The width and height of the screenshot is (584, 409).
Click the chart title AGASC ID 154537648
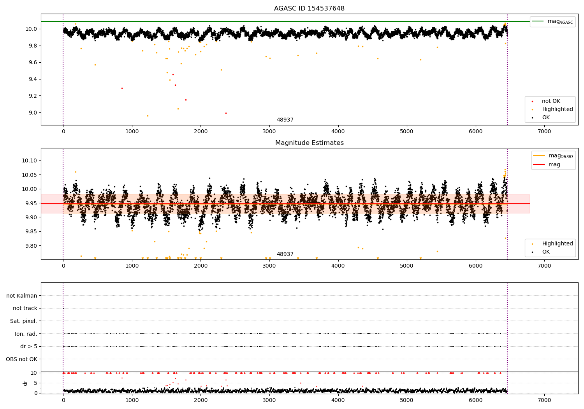(x=309, y=9)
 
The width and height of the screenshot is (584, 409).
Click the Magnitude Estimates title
(x=309, y=143)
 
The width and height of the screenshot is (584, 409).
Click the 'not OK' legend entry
(x=551, y=101)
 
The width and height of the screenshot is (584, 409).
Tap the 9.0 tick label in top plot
(x=31, y=113)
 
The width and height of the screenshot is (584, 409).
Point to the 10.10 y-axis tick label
(x=29, y=160)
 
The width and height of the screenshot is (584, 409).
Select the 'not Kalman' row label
(x=22, y=296)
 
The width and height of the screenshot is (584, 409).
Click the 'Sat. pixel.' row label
(x=23, y=321)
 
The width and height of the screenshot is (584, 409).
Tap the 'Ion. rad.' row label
(x=26, y=334)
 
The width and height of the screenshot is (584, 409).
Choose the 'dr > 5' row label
(x=28, y=346)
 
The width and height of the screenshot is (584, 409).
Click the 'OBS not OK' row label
(x=21, y=359)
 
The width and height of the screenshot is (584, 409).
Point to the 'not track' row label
(x=25, y=308)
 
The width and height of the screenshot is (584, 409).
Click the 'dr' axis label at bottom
(x=25, y=383)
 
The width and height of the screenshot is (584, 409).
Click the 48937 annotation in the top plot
(x=285, y=120)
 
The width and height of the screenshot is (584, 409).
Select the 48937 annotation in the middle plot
(x=285, y=254)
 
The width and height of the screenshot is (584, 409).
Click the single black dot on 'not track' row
(x=63, y=308)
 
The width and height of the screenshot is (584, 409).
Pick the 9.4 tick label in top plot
(x=31, y=79)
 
